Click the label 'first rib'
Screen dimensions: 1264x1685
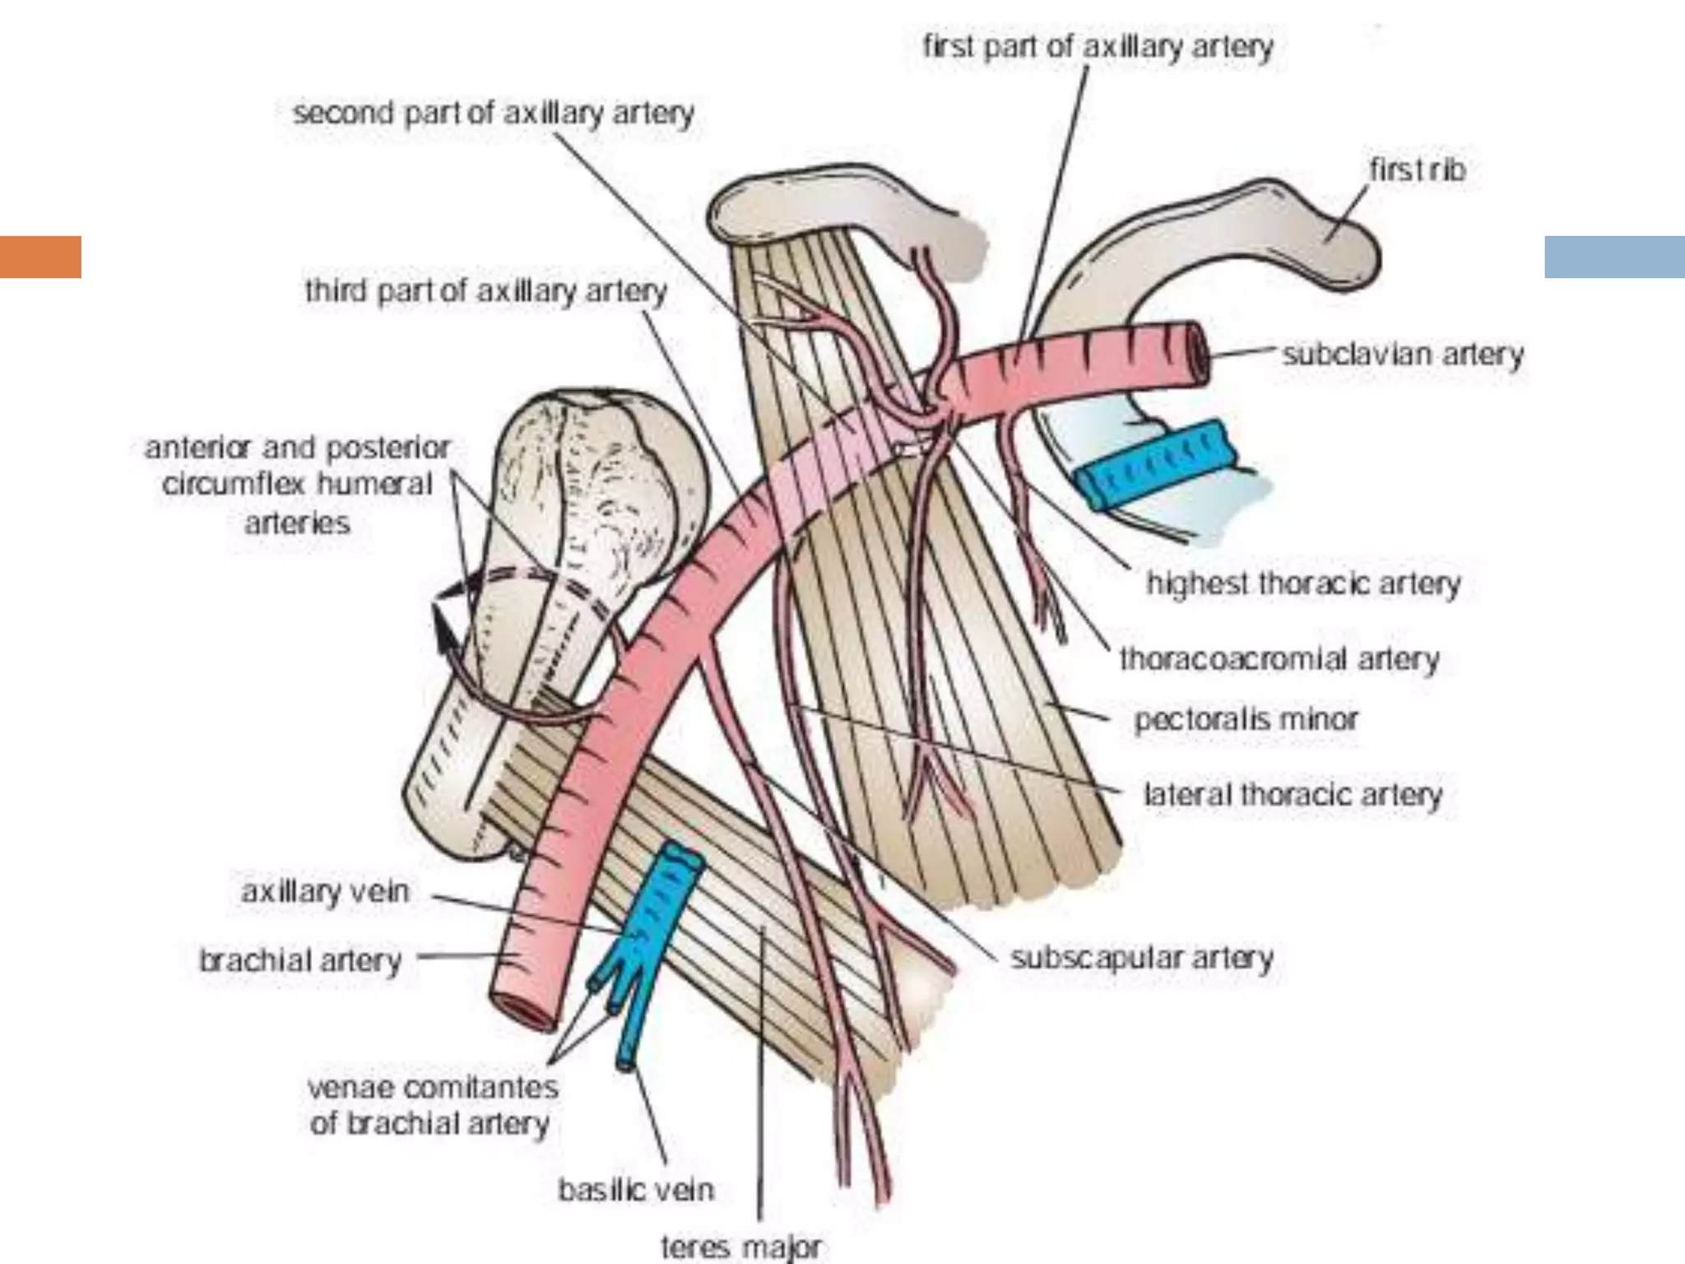[1417, 170]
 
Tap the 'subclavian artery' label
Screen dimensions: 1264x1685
[1403, 355]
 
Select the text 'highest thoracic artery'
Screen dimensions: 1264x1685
[1303, 583]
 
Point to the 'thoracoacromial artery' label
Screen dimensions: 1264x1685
[1279, 659]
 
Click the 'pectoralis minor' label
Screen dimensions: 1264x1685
[1246, 720]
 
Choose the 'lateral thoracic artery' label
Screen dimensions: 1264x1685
[1293, 795]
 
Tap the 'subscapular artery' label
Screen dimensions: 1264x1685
[1141, 958]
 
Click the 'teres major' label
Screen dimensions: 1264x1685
[741, 1247]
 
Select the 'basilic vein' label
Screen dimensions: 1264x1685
[636, 1190]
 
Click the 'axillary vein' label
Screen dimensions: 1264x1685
[325, 892]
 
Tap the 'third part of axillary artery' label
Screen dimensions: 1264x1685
[485, 291]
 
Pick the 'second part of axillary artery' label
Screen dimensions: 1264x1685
[494, 113]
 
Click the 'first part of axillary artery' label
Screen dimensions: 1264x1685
[1098, 47]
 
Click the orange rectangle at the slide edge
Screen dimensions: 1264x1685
[40, 257]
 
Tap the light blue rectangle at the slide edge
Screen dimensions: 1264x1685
[1614, 257]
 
